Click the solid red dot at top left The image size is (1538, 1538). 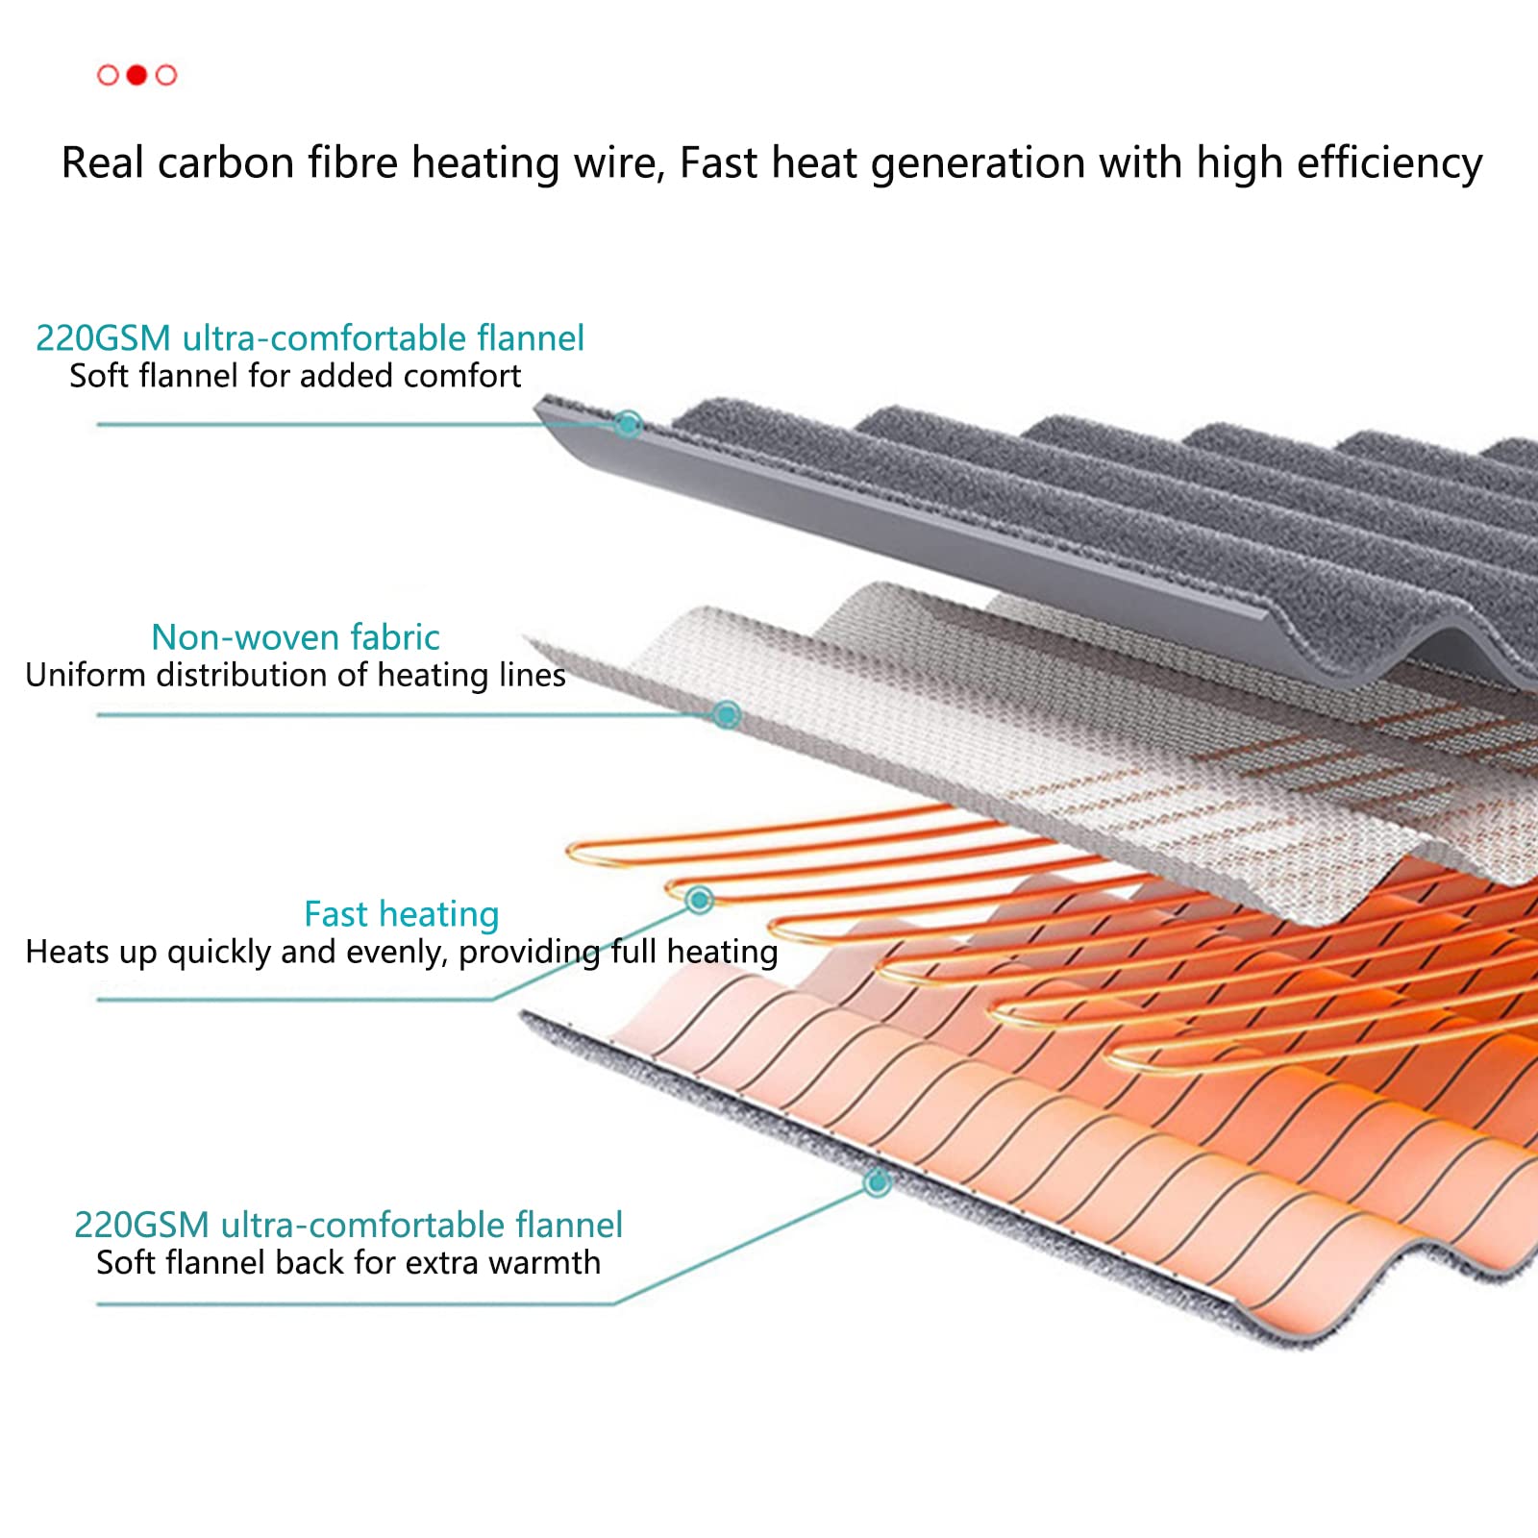point(136,75)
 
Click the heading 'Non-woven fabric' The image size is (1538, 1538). point(295,637)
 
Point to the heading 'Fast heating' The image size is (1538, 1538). point(401,914)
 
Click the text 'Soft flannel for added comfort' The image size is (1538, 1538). point(295,375)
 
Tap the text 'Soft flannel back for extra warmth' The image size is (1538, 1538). point(348,1262)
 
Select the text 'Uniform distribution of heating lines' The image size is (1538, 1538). point(295,675)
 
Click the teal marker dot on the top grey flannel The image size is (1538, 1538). point(629,423)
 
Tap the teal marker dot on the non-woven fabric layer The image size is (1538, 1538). point(726,714)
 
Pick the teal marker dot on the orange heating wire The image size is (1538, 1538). point(700,900)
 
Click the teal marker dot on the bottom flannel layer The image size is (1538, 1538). point(877,1182)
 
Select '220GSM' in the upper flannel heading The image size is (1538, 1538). point(103,338)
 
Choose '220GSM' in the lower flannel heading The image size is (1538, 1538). point(141,1226)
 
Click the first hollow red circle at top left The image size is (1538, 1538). point(108,75)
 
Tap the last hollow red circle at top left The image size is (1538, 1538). point(166,75)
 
